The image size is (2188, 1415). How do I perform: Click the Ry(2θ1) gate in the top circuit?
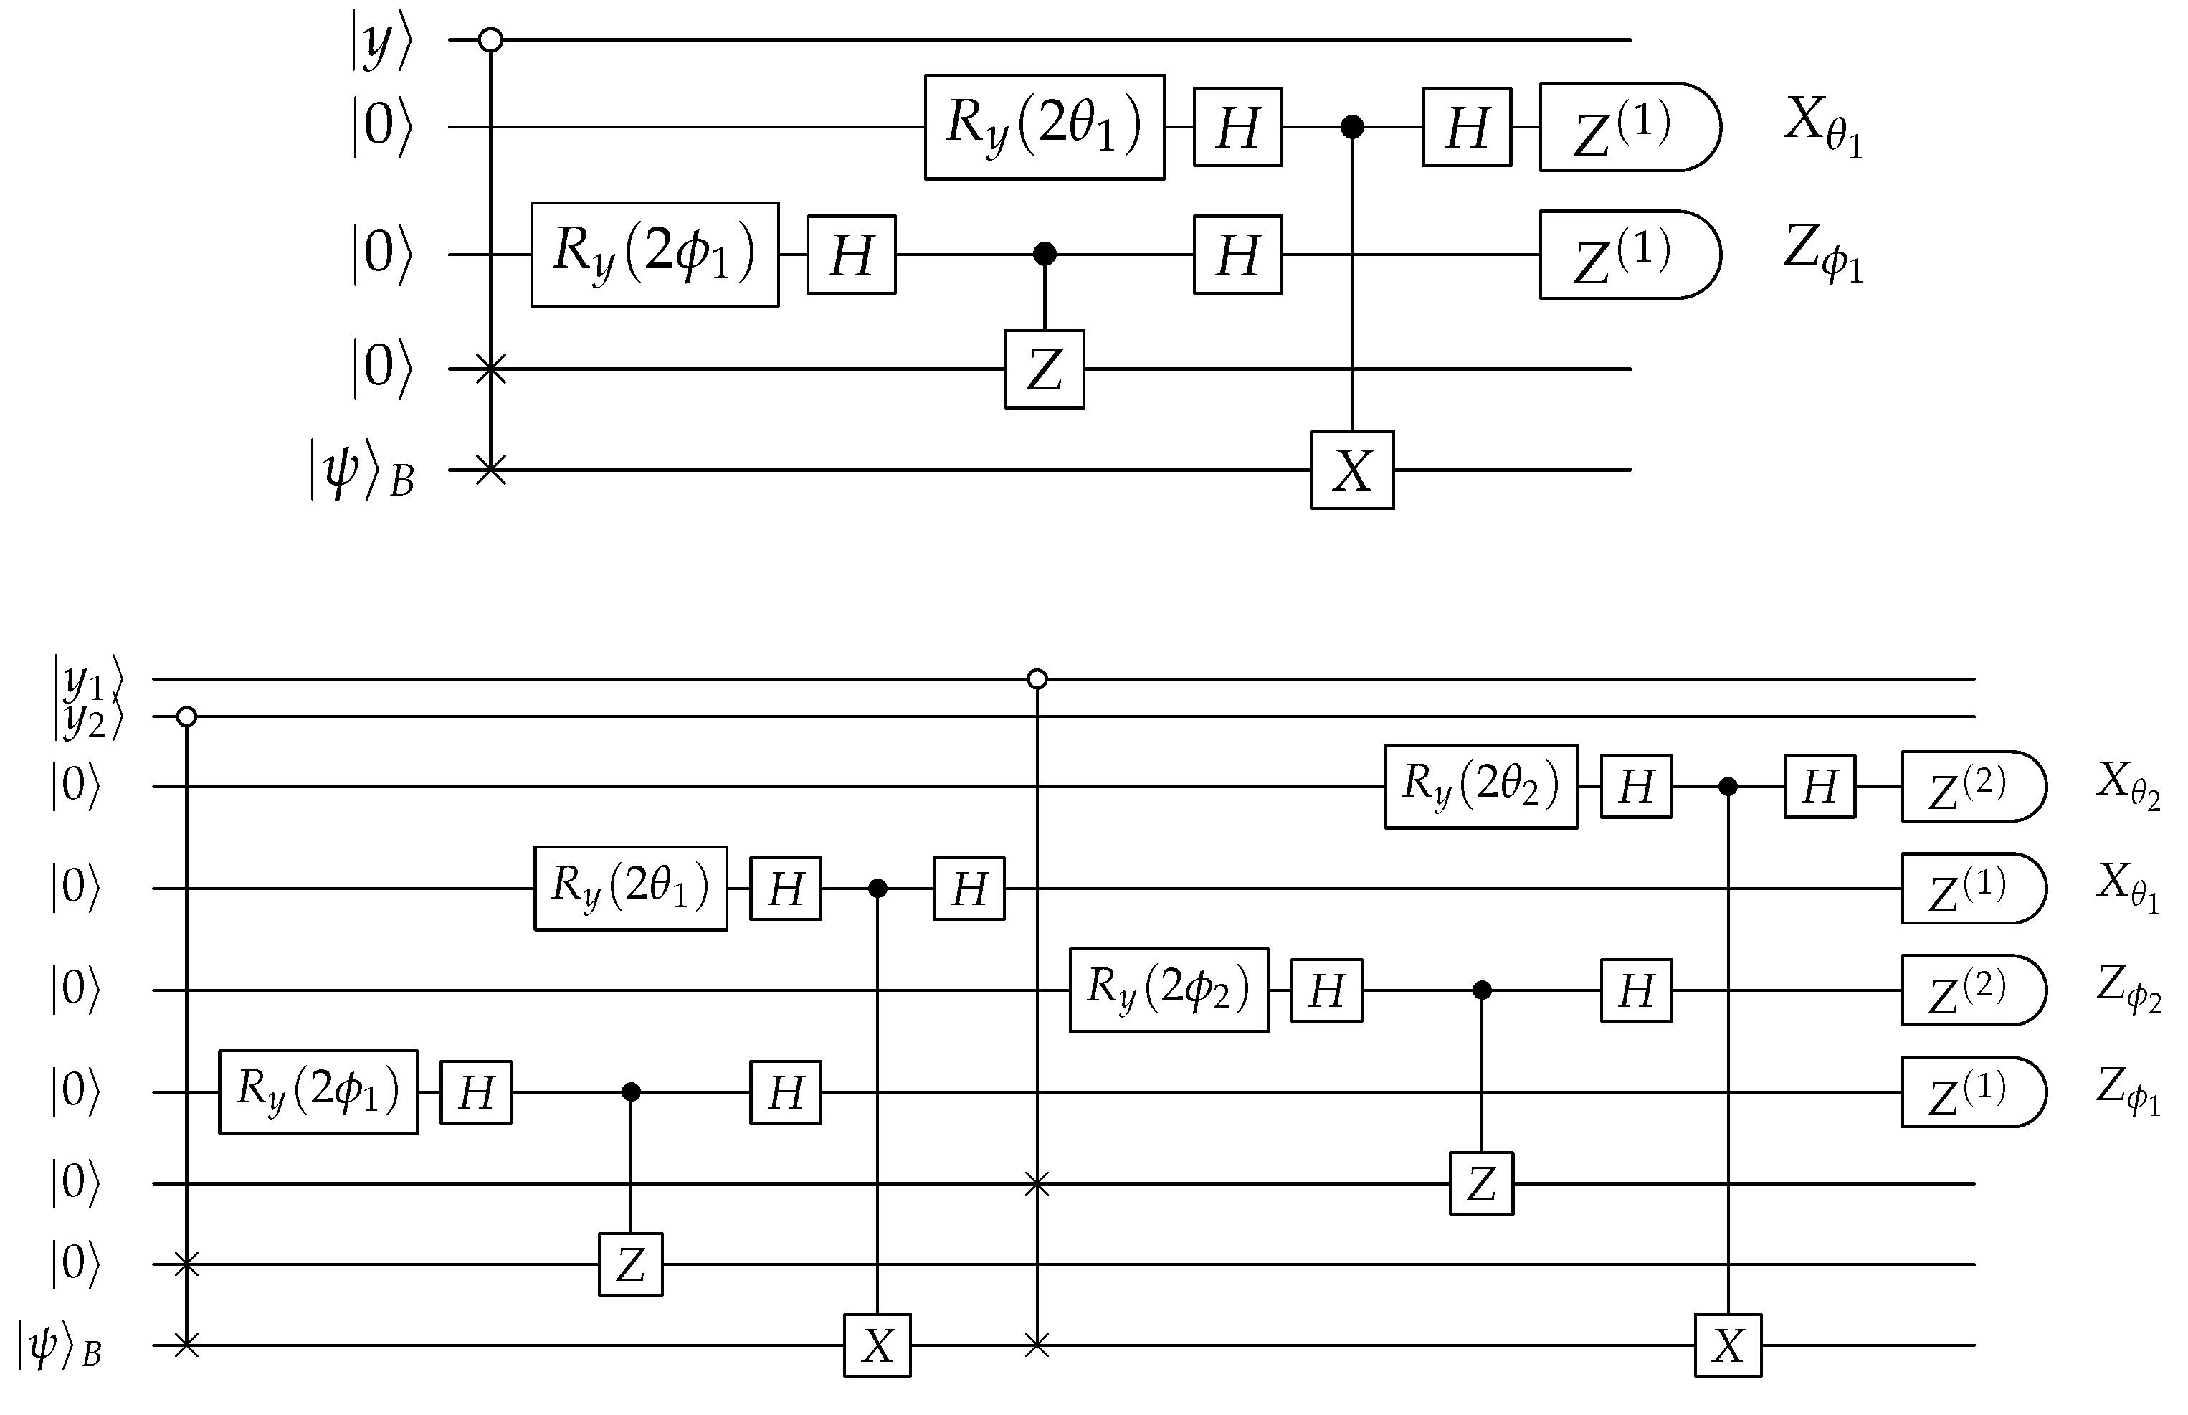pyautogui.click(x=1044, y=127)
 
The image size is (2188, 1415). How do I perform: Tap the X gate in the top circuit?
pyautogui.click(x=1351, y=470)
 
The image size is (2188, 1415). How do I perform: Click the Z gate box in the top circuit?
pyautogui.click(x=1044, y=369)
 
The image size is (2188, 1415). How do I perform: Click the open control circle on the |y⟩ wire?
pyautogui.click(x=491, y=39)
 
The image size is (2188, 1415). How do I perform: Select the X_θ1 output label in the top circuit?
pyautogui.click(x=1822, y=127)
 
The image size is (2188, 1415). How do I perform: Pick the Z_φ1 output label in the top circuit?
pyautogui.click(x=1822, y=254)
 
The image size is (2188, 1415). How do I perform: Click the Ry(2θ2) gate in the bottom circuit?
pyautogui.click(x=1480, y=787)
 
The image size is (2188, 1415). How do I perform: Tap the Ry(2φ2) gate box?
pyautogui.click(x=1168, y=990)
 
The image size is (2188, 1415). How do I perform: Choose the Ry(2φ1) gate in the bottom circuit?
pyautogui.click(x=318, y=1092)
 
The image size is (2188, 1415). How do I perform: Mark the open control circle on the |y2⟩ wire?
pyautogui.click(x=186, y=716)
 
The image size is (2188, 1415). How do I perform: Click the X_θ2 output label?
pyautogui.click(x=2127, y=787)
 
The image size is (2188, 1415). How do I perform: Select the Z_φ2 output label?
pyautogui.click(x=2127, y=990)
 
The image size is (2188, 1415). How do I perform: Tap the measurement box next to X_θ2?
pyautogui.click(x=1971, y=787)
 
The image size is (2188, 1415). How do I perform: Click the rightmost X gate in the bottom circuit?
pyautogui.click(x=1728, y=1346)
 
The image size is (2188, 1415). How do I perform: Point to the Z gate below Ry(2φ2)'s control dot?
pyautogui.click(x=1480, y=1183)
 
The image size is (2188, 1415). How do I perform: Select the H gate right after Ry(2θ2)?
pyautogui.click(x=1635, y=787)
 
